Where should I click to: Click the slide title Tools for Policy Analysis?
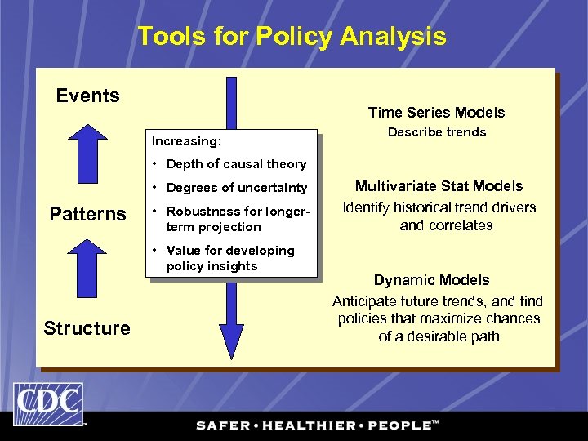[x=292, y=37]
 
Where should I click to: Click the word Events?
[x=87, y=96]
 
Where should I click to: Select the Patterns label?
[x=87, y=214]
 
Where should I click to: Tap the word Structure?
[x=87, y=328]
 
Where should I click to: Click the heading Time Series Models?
[x=436, y=113]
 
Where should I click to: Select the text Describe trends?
[x=436, y=132]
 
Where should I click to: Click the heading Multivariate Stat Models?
[x=439, y=186]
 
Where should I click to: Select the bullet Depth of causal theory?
[x=235, y=164]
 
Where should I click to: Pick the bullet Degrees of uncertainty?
[x=236, y=188]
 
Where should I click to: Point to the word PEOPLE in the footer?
[x=398, y=425]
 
